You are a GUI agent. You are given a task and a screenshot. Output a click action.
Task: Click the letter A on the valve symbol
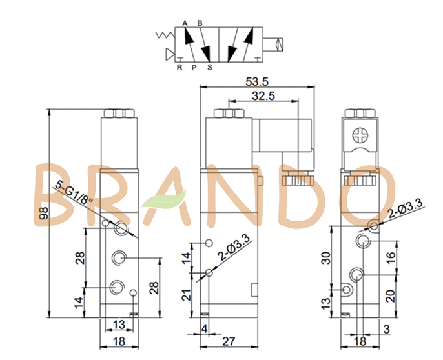tap(185, 23)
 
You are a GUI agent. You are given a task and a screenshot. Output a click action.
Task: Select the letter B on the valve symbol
tap(200, 23)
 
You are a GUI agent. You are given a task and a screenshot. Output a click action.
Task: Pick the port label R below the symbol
tap(180, 66)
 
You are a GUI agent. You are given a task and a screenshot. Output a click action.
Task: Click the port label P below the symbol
tap(193, 66)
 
